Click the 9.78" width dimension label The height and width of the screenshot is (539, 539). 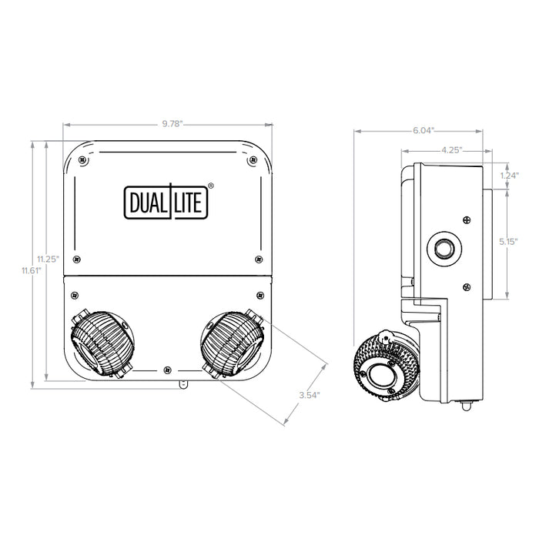coord(167,124)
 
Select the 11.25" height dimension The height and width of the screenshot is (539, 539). coord(48,259)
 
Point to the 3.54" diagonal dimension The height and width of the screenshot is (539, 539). coord(310,395)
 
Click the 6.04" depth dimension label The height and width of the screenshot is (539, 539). coord(422,130)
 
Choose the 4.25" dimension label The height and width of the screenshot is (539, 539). coord(452,151)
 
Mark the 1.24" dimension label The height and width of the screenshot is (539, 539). coord(507,176)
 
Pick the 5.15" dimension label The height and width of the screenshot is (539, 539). coord(507,242)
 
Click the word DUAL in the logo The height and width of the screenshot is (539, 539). coord(147,201)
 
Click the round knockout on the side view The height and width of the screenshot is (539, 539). coord(444,249)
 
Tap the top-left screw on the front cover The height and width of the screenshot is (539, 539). coord(84,161)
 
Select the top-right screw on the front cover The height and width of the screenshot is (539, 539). coord(253,160)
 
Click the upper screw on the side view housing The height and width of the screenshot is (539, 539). coord(467,221)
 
